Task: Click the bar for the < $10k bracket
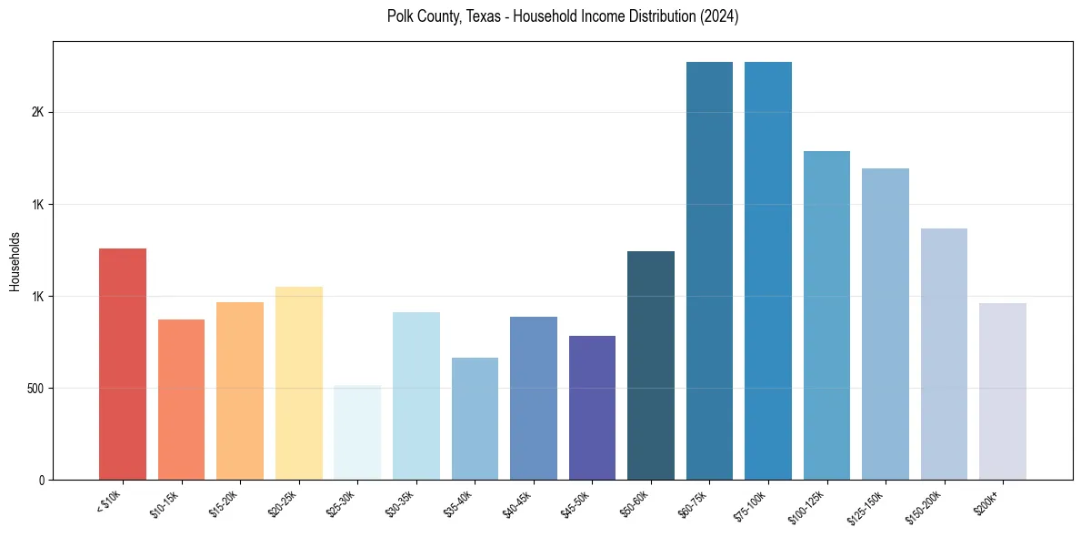tap(122, 364)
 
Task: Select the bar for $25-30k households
tap(356, 432)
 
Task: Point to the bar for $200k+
tap(1003, 391)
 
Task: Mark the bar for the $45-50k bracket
tap(592, 408)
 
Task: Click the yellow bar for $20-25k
tap(298, 383)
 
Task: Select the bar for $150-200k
tap(944, 354)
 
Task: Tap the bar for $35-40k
tap(475, 419)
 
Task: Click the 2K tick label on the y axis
tap(37, 113)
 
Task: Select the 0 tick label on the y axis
tap(41, 481)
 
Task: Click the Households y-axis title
tap(15, 261)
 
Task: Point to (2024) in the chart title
tap(718, 16)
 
